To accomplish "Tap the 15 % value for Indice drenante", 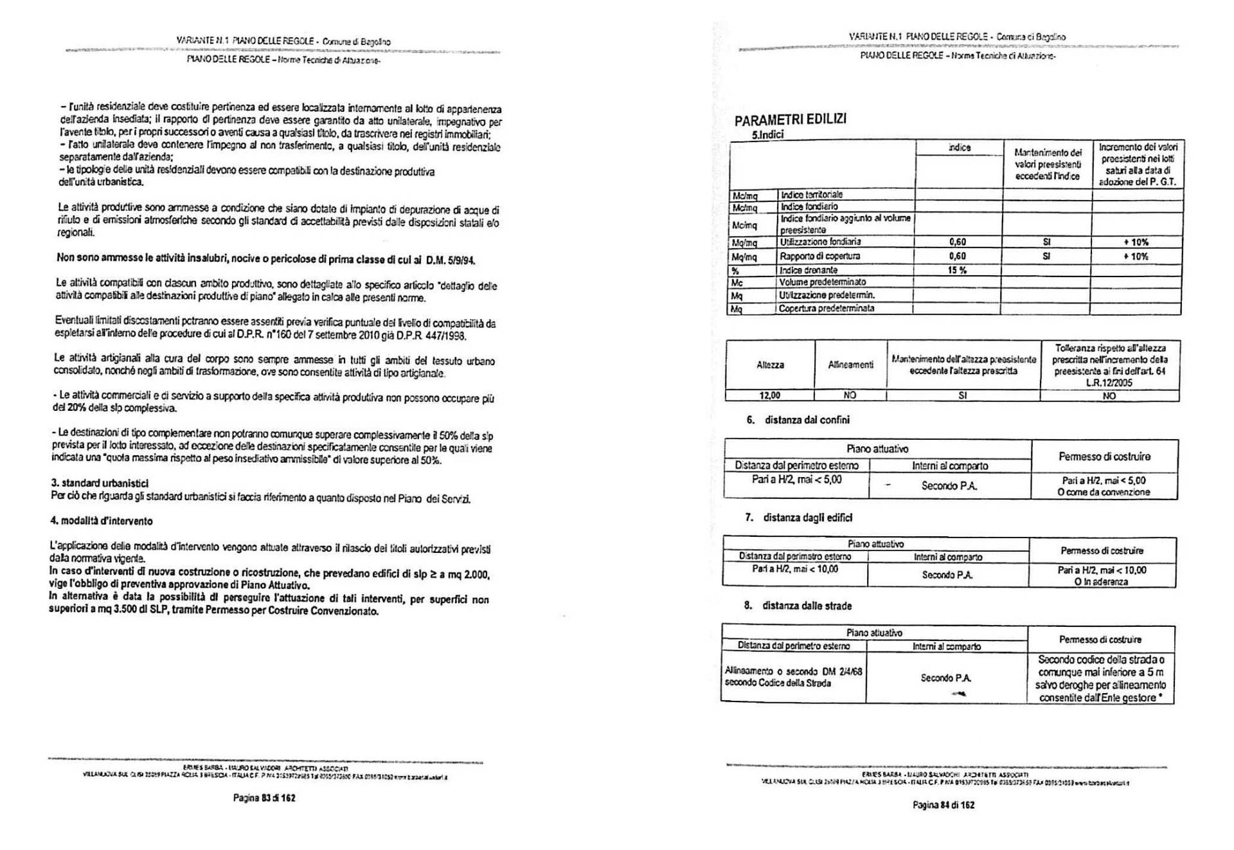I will point(957,270).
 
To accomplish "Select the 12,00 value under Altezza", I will point(769,395).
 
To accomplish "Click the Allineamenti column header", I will point(850,365).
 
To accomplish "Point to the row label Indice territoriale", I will point(811,194).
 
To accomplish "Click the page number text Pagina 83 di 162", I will point(264,798).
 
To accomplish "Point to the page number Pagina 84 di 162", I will point(943,804).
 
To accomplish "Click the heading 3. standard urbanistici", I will point(100,483).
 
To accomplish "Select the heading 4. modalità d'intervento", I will point(102,521).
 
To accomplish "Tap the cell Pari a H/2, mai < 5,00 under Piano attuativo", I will point(796,480).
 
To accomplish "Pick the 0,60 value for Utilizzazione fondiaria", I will point(957,242).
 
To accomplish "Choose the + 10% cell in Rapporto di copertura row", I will point(1136,257).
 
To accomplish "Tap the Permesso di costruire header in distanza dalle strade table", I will point(1100,639).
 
